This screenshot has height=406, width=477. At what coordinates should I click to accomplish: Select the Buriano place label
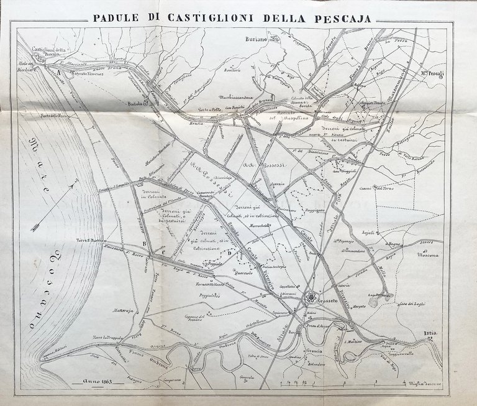(253, 40)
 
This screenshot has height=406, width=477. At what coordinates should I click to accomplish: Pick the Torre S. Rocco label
(91, 239)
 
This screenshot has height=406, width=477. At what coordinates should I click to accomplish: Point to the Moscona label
(428, 255)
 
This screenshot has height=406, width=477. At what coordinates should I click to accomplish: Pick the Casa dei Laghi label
(412, 302)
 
